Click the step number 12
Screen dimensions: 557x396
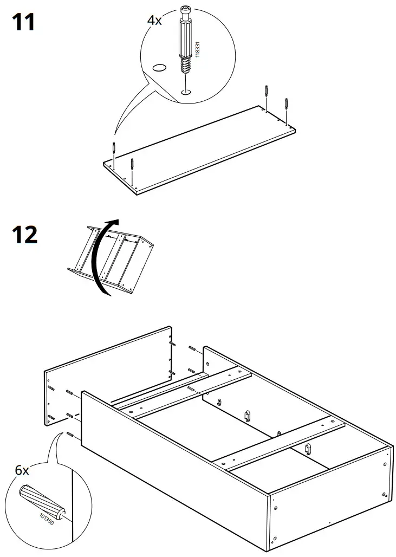coord(24,235)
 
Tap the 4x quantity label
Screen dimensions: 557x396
coord(154,21)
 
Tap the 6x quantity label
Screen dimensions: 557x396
coord(21,470)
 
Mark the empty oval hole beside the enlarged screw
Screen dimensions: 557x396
coord(160,68)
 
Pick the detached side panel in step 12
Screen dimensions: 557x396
coord(108,374)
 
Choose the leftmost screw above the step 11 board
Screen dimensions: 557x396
coord(114,148)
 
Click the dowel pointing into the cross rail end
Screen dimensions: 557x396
coord(191,388)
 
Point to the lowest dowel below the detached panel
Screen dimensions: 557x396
coord(70,434)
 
